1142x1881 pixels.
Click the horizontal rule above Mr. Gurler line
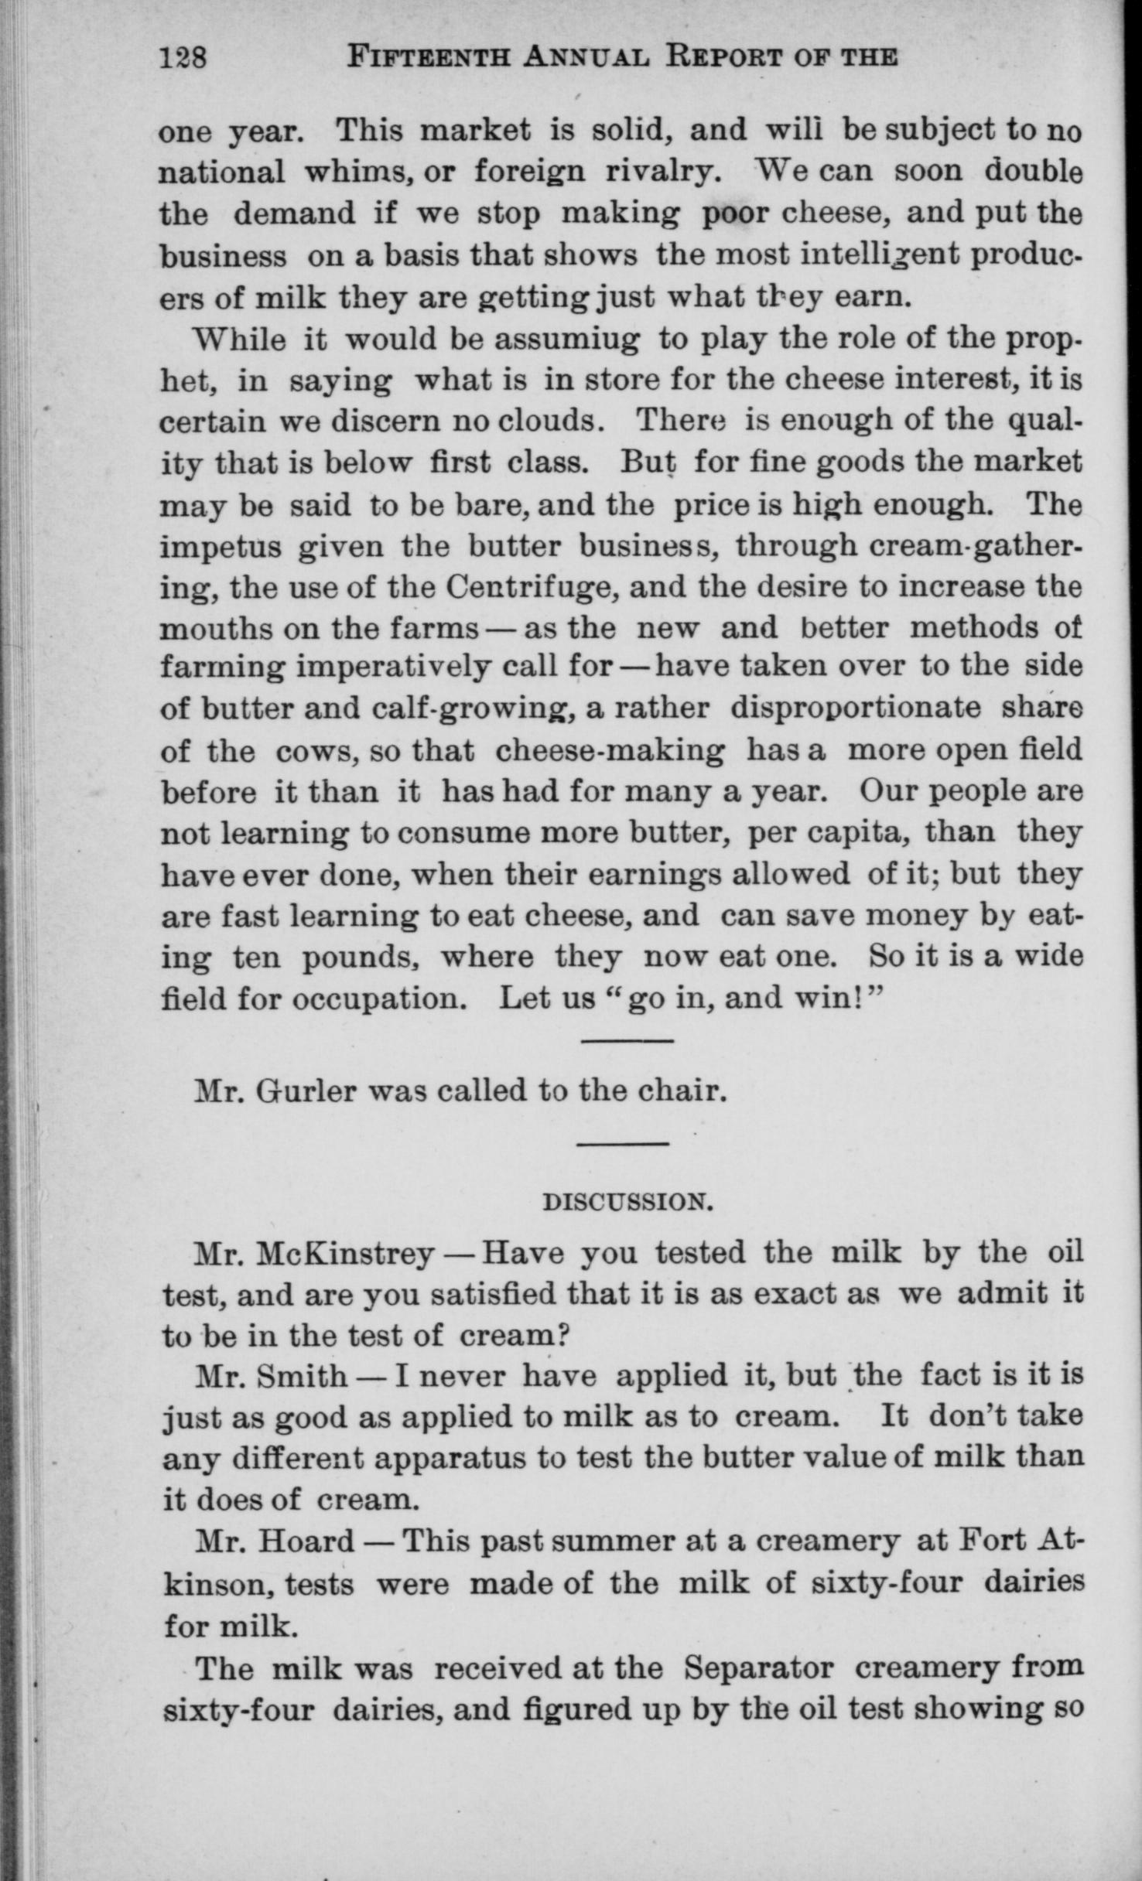point(625,1040)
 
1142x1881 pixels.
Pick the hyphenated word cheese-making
point(610,751)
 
